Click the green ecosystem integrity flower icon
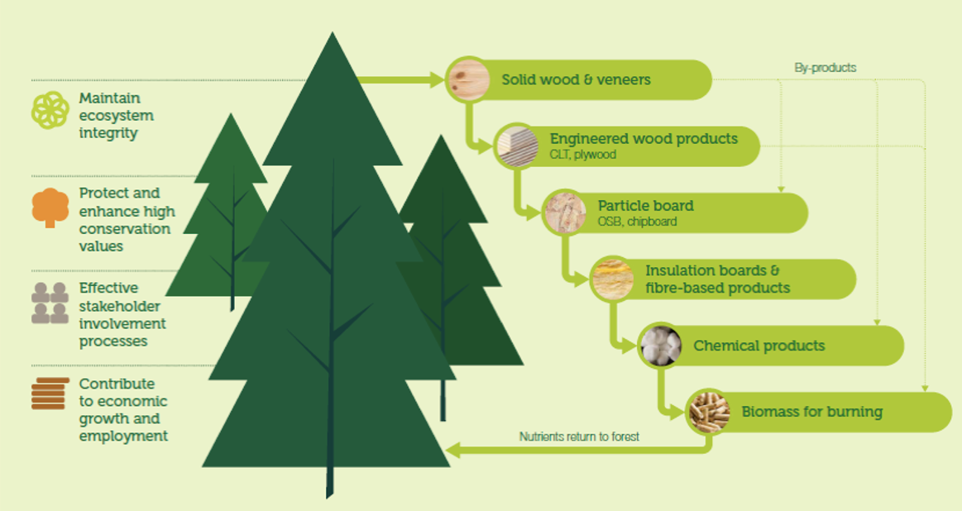pyautogui.click(x=50, y=111)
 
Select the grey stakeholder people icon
pyautogui.click(x=50, y=303)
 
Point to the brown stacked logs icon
pyautogui.click(x=50, y=394)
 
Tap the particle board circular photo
pyautogui.click(x=564, y=213)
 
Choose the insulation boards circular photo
pyautogui.click(x=612, y=279)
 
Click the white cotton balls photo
pyautogui.click(x=660, y=346)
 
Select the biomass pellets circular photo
pyautogui.click(x=708, y=412)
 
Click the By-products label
pyautogui.click(x=826, y=68)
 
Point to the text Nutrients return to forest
pyautogui.click(x=579, y=437)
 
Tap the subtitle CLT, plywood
pyautogui.click(x=583, y=155)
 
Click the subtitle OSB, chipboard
pyautogui.click(x=638, y=222)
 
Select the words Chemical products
pyautogui.click(x=759, y=346)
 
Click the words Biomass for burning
pyautogui.click(x=811, y=413)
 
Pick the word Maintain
pyautogui.click(x=110, y=98)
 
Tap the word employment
pyautogui.click(x=123, y=436)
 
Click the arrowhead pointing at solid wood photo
pyautogui.click(x=437, y=79)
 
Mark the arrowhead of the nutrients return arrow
pyautogui.click(x=452, y=451)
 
